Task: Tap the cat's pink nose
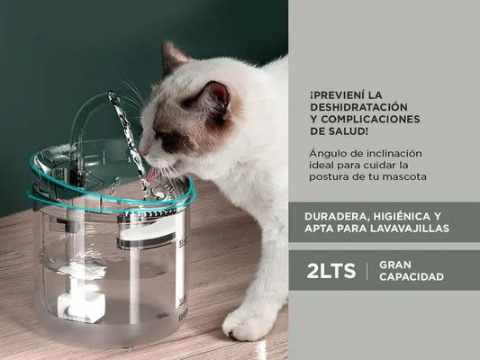point(142,150)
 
